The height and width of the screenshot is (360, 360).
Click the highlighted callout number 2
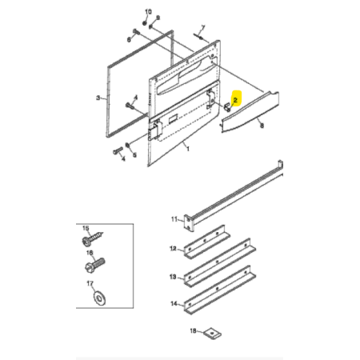pos(235,100)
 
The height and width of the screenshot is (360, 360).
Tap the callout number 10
pos(148,12)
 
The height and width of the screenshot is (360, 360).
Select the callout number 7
pos(203,27)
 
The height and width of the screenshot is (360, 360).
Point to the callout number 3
pos(98,98)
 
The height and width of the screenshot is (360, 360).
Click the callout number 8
pos(262,126)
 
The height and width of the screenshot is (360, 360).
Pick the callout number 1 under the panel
pos(188,149)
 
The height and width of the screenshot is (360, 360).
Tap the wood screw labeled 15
pos(92,238)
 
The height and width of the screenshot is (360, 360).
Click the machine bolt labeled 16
pos(95,264)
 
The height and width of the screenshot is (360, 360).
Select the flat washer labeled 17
pos(100,298)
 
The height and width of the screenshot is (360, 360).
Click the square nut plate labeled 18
pos(213,333)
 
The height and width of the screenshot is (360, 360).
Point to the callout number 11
pos(174,219)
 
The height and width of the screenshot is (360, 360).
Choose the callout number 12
pos(173,249)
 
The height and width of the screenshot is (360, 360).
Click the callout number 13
pos(173,277)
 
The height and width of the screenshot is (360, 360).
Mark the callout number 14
pos(174,303)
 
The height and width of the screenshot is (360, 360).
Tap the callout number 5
pos(134,155)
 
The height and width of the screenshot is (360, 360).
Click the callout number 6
pos(129,40)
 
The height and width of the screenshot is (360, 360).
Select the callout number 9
pos(158,18)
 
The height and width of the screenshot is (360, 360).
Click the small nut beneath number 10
pos(145,23)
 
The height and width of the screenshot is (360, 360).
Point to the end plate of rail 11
pos(188,223)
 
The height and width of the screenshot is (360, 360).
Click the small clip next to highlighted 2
pos(228,107)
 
